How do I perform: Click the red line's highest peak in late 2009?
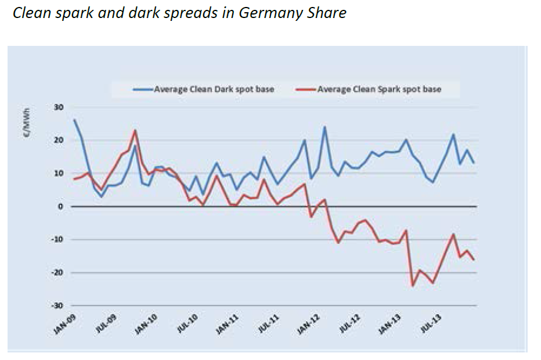(135, 130)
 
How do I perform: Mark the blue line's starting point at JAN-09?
(74, 120)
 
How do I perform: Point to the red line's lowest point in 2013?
(413, 286)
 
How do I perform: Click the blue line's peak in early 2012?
(324, 127)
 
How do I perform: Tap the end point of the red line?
(474, 260)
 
